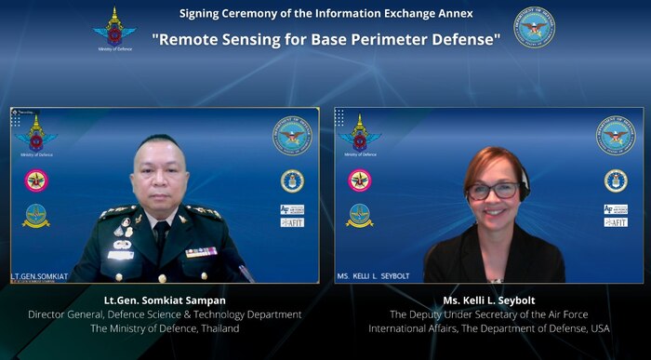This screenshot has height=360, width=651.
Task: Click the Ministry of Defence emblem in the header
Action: pyautogui.click(x=114, y=28)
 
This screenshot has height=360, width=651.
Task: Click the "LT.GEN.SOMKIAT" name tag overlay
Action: pyautogui.click(x=40, y=276)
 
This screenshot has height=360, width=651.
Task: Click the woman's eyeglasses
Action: pyautogui.click(x=493, y=190)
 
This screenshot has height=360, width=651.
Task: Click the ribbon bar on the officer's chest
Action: pyautogui.click(x=201, y=251)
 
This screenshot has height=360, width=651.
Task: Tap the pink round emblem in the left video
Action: pyautogui.click(x=36, y=180)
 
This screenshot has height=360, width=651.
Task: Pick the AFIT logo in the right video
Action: pyautogui.click(x=616, y=222)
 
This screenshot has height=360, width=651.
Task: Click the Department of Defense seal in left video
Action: pyautogui.click(x=292, y=136)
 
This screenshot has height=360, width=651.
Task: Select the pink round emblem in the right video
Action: pyautogui.click(x=360, y=180)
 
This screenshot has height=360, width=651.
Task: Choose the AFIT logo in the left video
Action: pyautogui.click(x=292, y=222)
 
